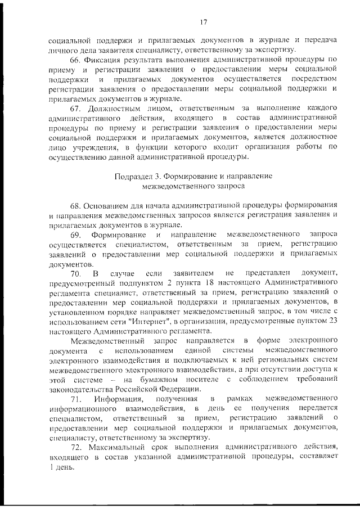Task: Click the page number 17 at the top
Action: [203, 22]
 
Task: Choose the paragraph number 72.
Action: [75, 447]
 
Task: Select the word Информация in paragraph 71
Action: [116, 398]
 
